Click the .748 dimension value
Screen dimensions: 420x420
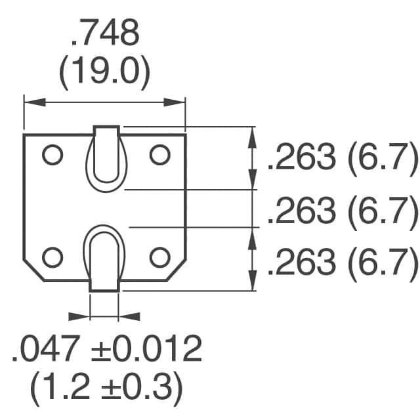(x=105, y=35)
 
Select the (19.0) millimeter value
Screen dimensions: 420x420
(x=105, y=74)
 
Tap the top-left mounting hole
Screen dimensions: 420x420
(x=51, y=155)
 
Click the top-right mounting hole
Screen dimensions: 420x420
(x=159, y=155)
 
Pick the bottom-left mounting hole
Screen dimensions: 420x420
(x=51, y=257)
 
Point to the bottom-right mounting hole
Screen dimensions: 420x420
(x=159, y=257)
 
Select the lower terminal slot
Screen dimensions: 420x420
(x=104, y=256)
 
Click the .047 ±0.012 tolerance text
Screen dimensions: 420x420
(x=106, y=350)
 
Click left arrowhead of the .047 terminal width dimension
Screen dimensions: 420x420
(x=81, y=316)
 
